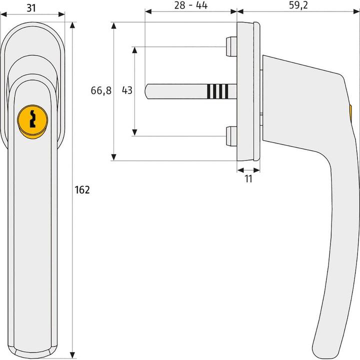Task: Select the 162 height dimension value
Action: click(81, 190)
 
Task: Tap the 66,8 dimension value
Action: click(101, 90)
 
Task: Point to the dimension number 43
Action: click(127, 90)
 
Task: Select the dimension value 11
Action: click(248, 179)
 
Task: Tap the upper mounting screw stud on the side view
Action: click(231, 47)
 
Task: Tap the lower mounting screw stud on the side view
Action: click(231, 136)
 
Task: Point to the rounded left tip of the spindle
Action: click(146, 90)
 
